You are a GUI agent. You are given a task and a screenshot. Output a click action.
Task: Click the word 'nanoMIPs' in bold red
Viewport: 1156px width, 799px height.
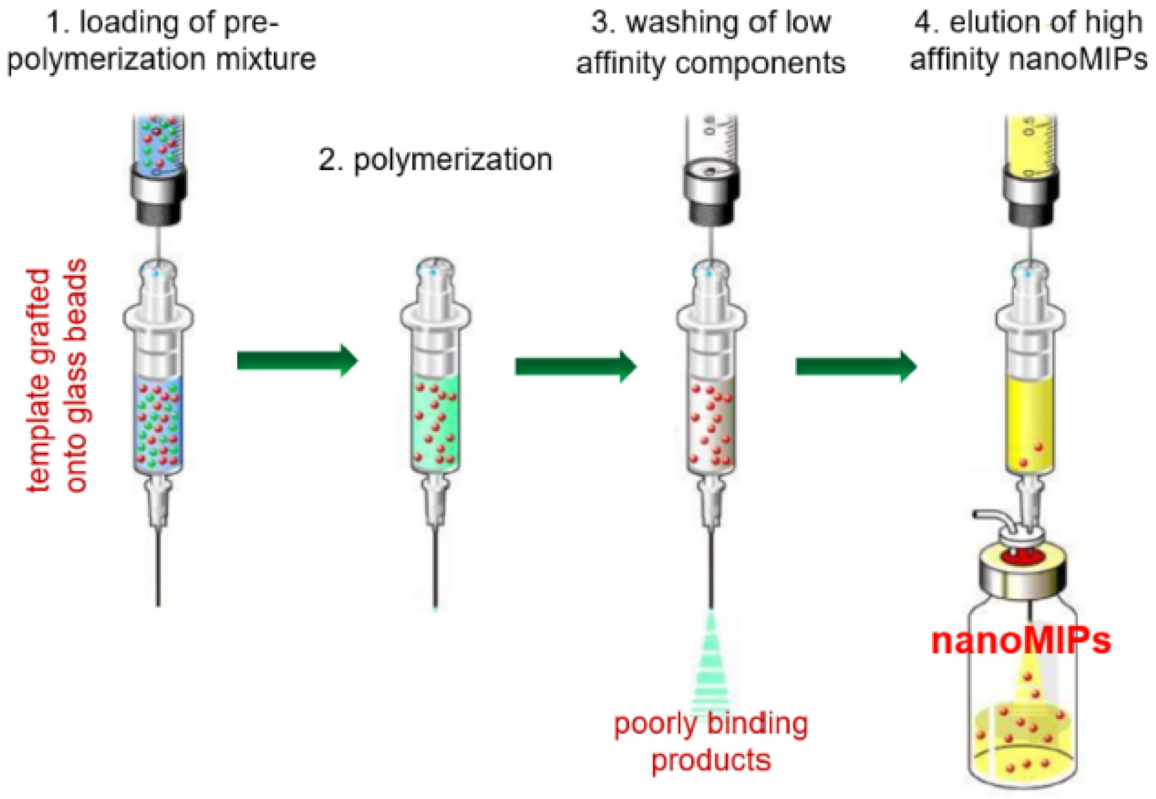tap(1021, 642)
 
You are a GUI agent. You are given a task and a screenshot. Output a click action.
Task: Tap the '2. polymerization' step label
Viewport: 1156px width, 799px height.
tap(436, 160)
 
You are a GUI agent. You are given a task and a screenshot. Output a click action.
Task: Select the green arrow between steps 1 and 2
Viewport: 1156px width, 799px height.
tap(298, 361)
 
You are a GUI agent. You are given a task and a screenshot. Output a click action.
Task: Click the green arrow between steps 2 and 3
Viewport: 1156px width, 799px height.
tap(575, 366)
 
